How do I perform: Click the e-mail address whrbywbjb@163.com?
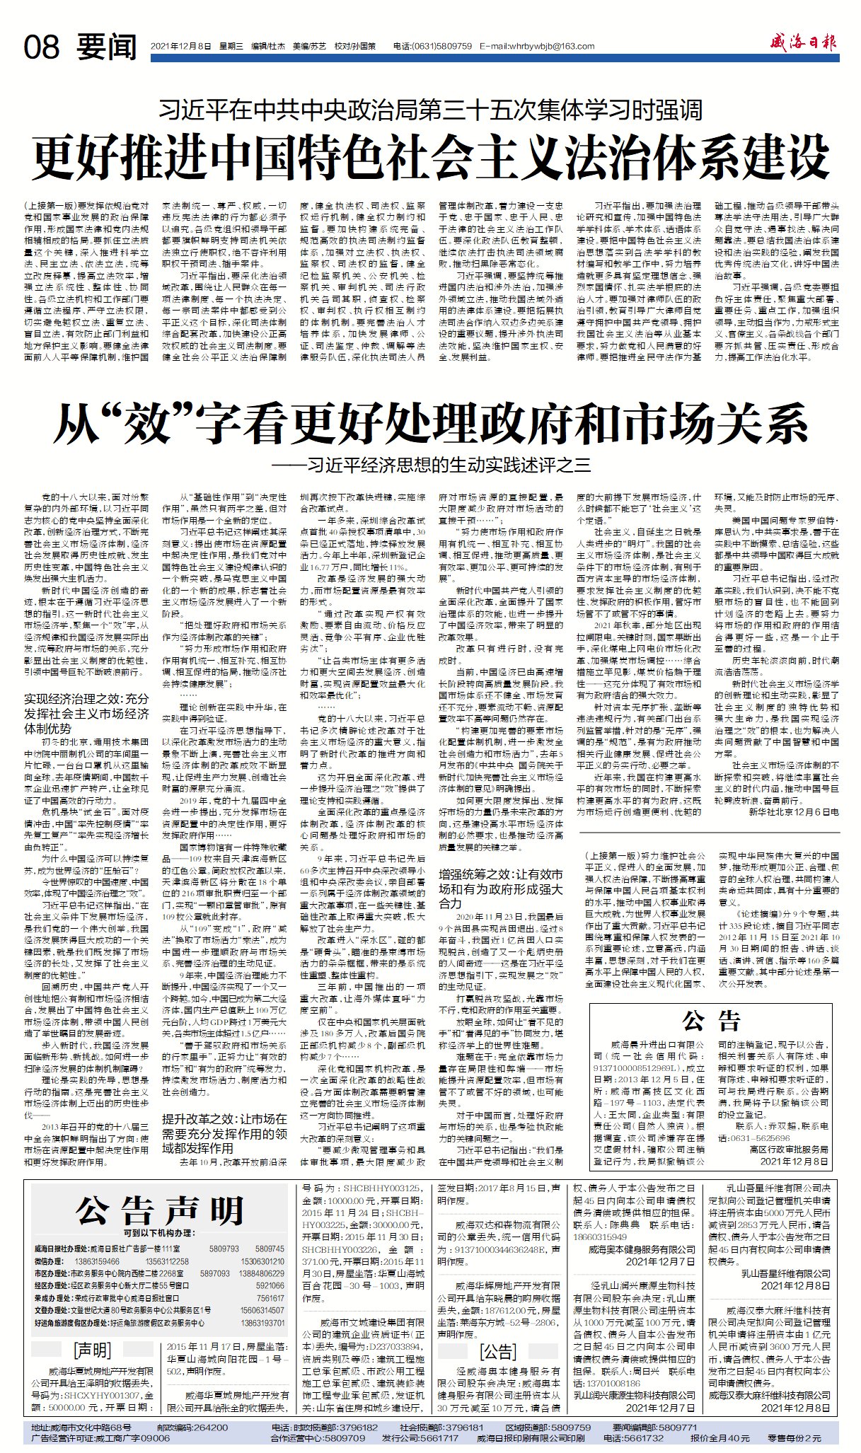[536, 47]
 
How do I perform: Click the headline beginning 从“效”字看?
[430, 423]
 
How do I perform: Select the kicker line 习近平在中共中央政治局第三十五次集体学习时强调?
[430, 110]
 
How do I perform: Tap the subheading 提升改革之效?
[224, 1133]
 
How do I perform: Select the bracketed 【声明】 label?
[92, 1349]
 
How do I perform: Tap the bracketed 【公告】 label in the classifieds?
[498, 1352]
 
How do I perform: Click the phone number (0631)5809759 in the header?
[441, 47]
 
